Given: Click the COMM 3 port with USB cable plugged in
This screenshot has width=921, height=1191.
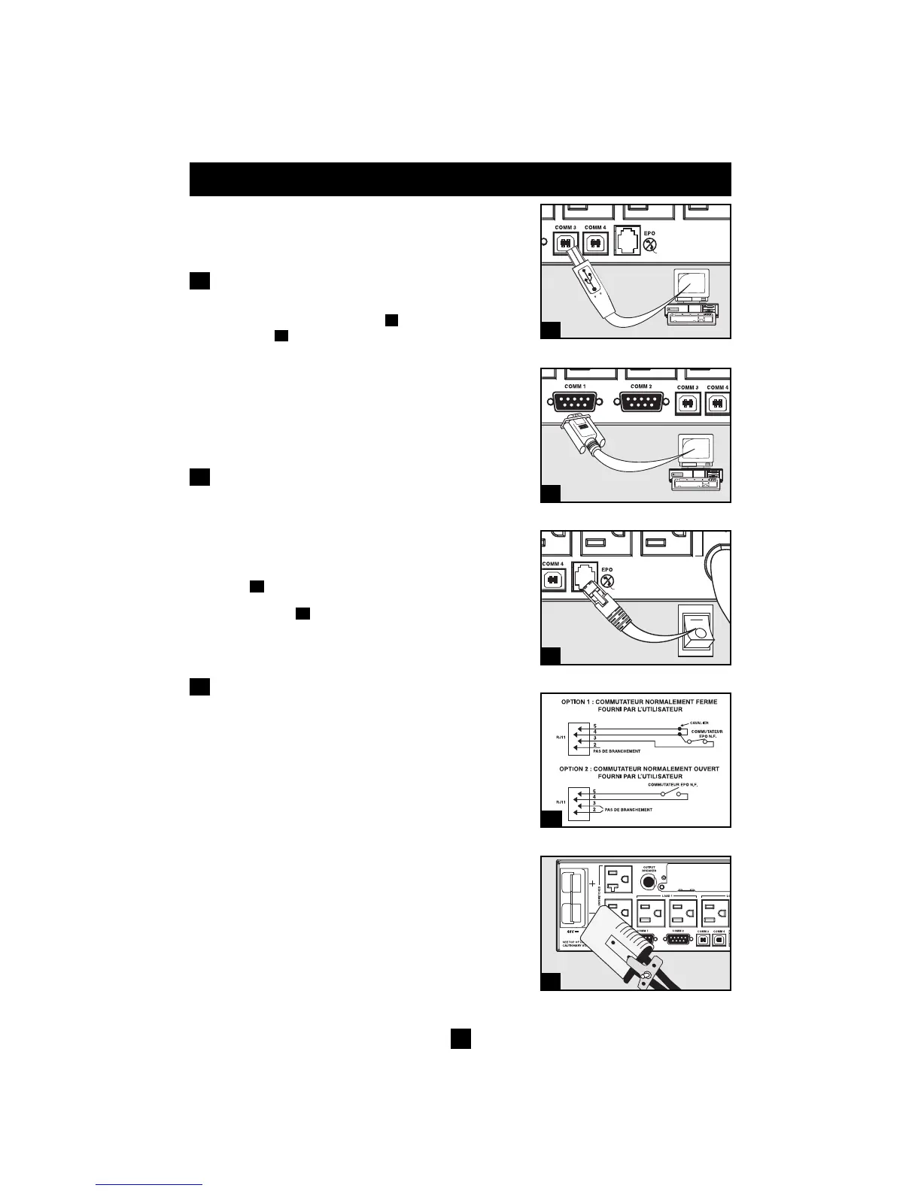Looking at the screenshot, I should tap(564, 243).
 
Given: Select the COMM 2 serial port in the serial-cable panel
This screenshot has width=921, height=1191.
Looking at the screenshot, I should tap(640, 403).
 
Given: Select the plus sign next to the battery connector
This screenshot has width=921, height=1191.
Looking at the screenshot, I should tap(591, 884).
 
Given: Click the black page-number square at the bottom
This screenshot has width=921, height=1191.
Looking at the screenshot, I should tap(460, 1038).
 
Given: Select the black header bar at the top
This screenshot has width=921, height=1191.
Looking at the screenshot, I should tap(460, 179).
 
